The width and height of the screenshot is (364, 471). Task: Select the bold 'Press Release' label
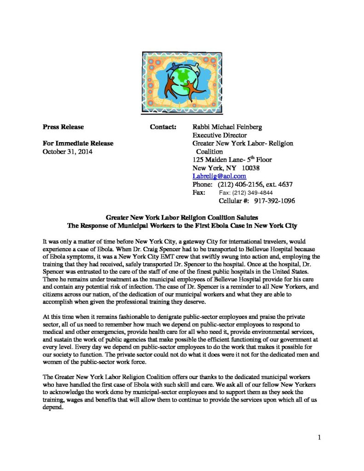coord(63,126)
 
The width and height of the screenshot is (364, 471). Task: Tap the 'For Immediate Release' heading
coord(78,143)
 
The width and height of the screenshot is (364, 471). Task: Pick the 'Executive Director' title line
coord(219,135)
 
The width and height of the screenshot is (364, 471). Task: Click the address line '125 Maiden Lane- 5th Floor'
coord(232,159)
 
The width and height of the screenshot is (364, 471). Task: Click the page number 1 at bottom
coord(319,437)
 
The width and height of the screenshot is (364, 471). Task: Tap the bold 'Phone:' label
coord(202,184)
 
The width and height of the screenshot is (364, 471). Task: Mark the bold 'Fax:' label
coord(199,193)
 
